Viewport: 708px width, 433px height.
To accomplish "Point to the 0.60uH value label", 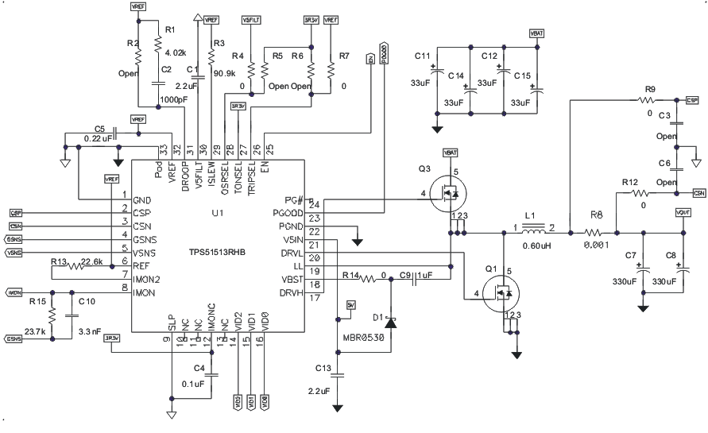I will click(539, 245).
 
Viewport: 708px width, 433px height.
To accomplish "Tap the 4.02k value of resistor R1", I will click(175, 52).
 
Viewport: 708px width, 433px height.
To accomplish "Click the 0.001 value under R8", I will click(596, 246).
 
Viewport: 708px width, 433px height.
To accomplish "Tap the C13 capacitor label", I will click(323, 368).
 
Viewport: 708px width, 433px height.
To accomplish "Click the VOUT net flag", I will click(683, 213).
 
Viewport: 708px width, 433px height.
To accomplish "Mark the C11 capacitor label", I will click(423, 56).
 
